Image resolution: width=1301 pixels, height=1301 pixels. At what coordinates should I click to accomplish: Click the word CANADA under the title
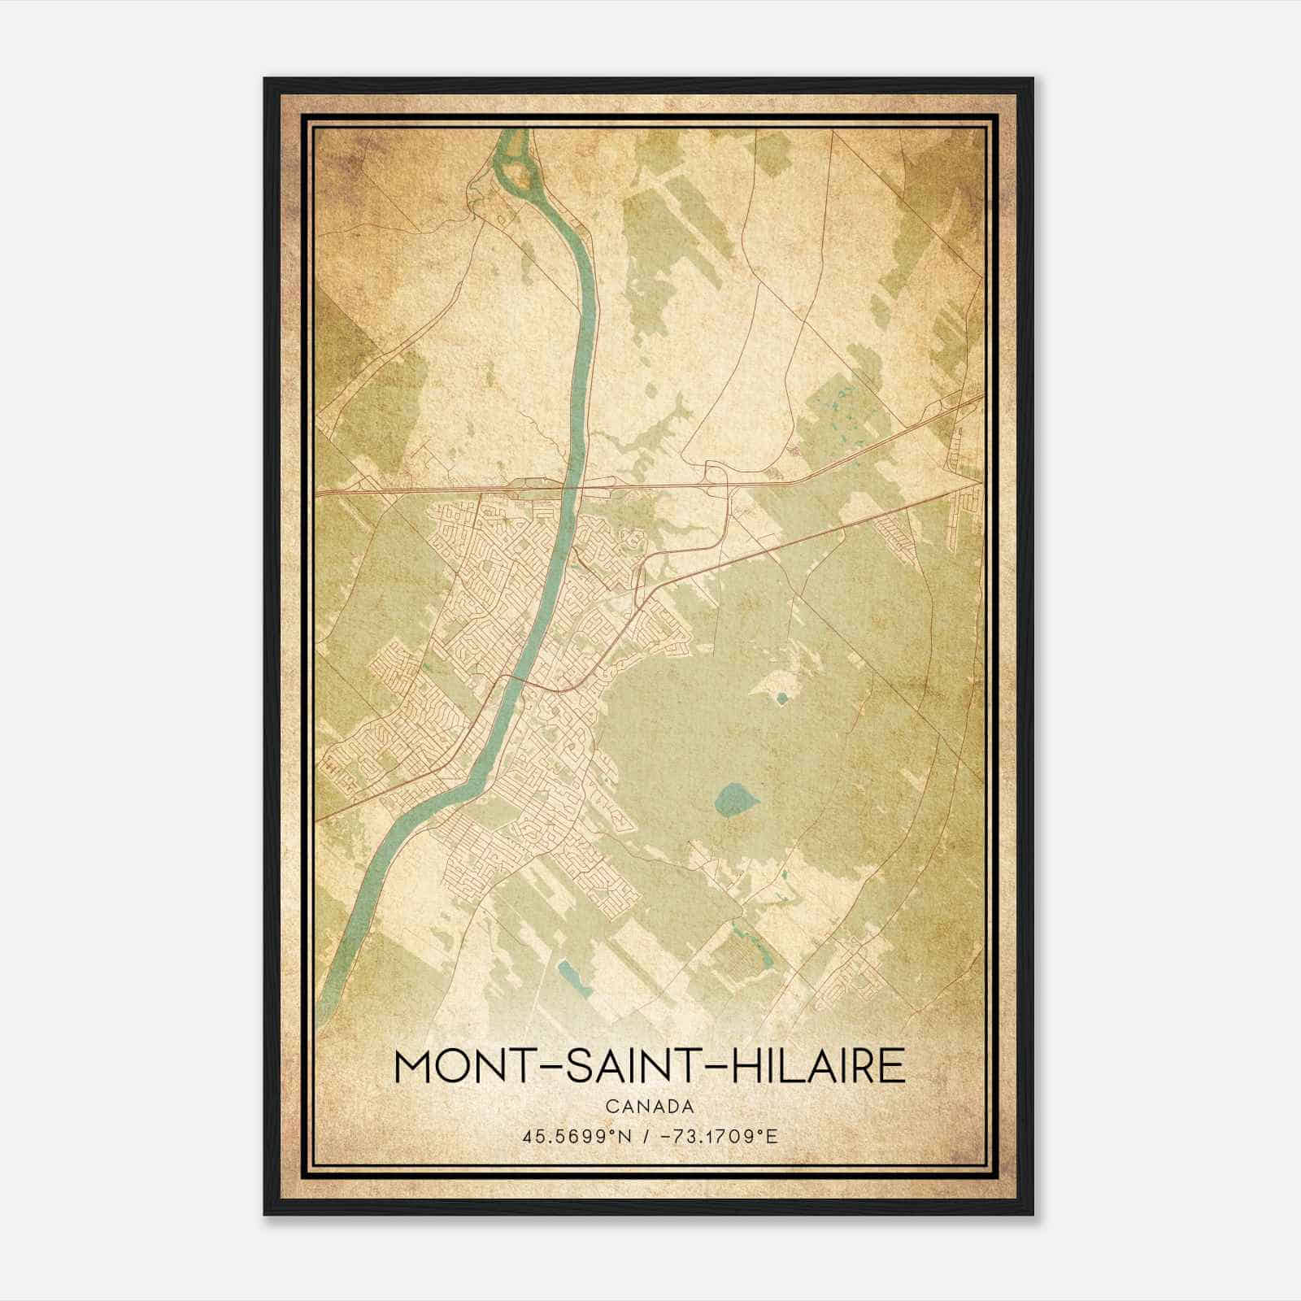point(649,1107)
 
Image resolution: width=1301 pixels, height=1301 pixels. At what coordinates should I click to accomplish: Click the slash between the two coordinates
point(646,1135)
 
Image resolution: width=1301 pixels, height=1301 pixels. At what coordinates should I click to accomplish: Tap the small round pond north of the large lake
point(782,697)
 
